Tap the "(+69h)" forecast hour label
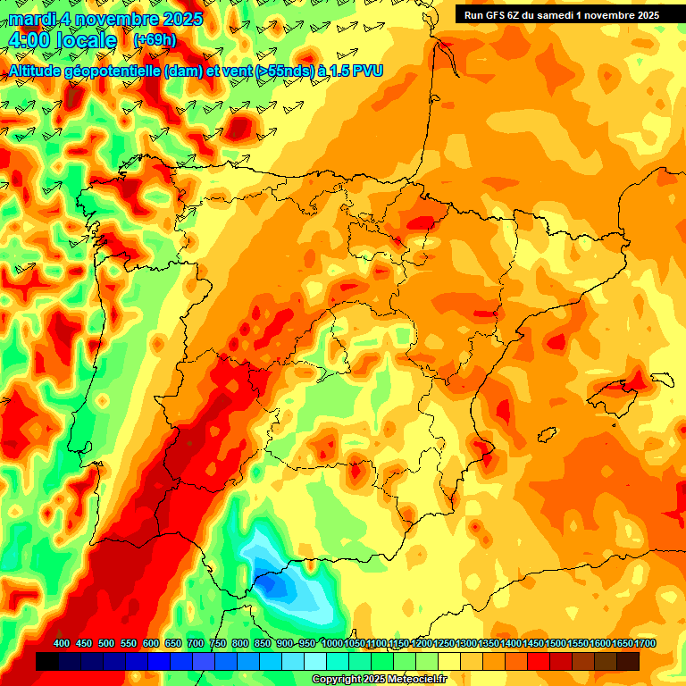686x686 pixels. click(154, 40)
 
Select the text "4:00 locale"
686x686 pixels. click(63, 40)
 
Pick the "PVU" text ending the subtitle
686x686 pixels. click(366, 71)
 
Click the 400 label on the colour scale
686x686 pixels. click(62, 643)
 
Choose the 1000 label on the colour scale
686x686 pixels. click(331, 643)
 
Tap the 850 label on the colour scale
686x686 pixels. click(263, 643)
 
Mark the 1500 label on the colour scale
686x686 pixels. click(556, 643)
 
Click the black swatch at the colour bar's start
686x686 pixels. click(47, 661)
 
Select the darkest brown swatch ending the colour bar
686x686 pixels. click(628, 661)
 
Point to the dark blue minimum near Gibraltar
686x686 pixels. click(279, 584)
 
